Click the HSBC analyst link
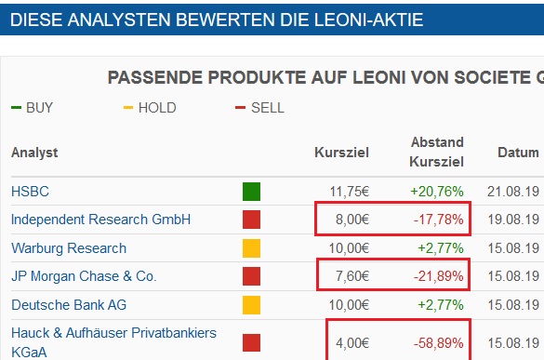pos(30,192)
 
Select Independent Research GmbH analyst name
pos(100,220)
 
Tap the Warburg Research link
pos(69,248)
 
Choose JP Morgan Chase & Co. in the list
pos(84,276)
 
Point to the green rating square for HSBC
pos(251,192)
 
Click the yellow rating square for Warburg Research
pos(251,248)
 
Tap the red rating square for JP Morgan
pos(251,276)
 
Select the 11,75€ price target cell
pos(351,192)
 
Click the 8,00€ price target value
pos(353,220)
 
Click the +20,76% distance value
pos(436,192)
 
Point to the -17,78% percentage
pos(438,220)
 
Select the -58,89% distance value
pos(438,341)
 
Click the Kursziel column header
pos(341,152)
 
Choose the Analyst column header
pos(34,152)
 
